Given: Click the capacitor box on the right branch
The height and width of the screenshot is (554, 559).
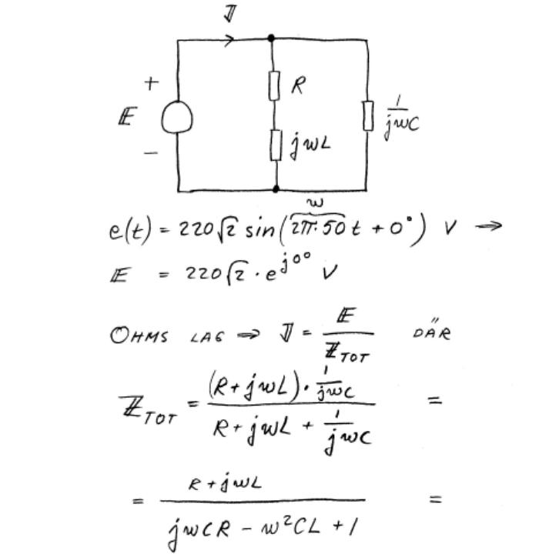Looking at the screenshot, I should point(368,115).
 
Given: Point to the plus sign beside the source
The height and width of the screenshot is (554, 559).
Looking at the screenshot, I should point(152,83).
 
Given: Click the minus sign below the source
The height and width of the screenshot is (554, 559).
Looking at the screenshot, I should point(151,152).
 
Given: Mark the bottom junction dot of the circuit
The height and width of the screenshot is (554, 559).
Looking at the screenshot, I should point(276,189).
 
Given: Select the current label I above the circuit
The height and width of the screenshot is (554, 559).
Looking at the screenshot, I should point(229,13).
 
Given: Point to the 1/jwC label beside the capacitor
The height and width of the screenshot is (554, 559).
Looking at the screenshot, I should point(401,117).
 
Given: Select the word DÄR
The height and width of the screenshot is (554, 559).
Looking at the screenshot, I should point(435,334).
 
